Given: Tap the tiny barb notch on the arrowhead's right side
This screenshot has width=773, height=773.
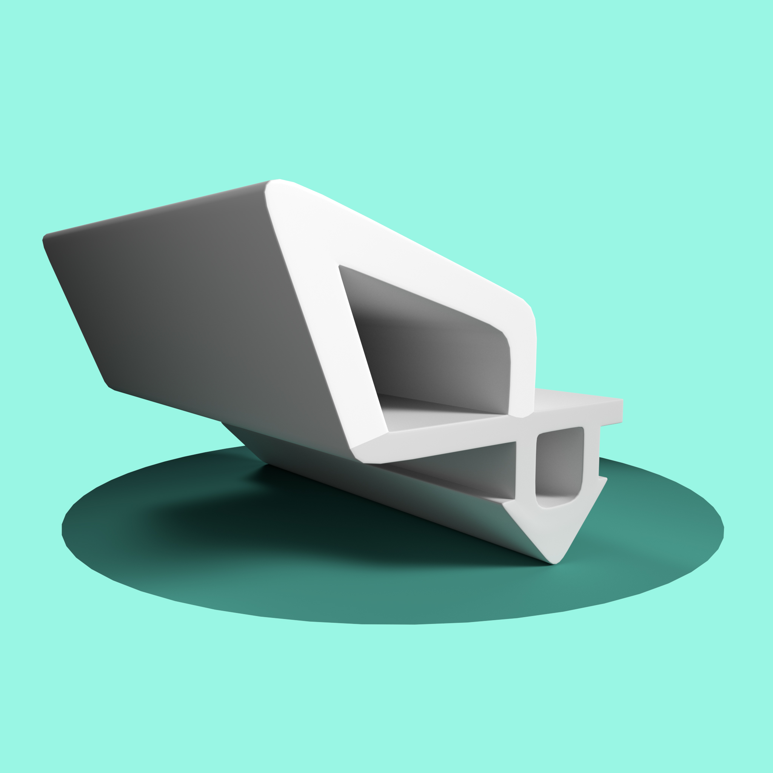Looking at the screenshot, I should (602, 478).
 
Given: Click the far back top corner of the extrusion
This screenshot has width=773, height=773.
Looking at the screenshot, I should (46, 235).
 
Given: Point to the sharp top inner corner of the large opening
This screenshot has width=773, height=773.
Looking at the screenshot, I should (340, 266).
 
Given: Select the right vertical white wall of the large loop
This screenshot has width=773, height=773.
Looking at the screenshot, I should (522, 368).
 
